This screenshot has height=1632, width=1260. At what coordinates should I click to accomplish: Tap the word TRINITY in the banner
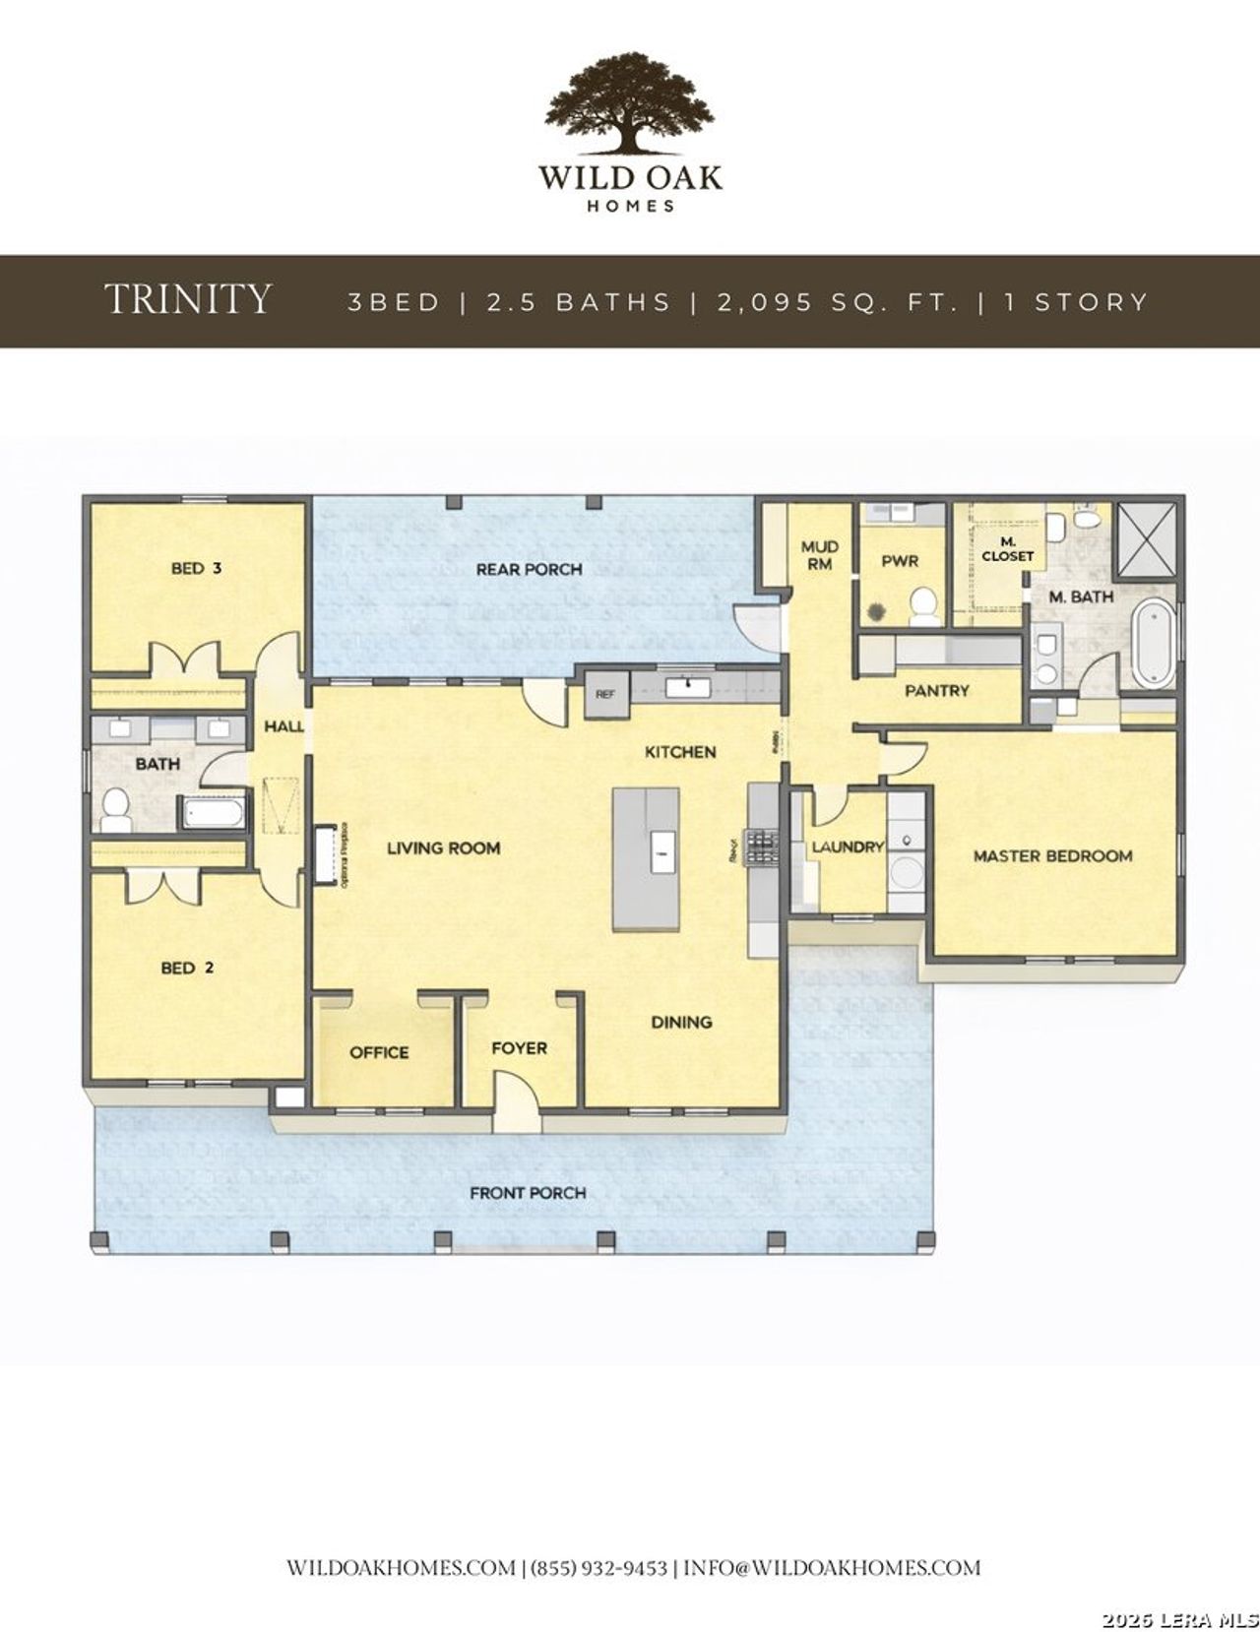[188, 299]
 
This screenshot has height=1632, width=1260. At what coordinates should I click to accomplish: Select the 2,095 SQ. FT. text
[837, 301]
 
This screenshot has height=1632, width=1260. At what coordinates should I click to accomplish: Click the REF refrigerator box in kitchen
[605, 693]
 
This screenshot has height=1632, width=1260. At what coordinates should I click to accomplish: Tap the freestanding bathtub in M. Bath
[1153, 645]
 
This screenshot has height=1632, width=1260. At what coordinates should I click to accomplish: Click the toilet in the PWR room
[923, 606]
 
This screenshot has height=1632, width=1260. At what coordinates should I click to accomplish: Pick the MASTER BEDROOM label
[1052, 856]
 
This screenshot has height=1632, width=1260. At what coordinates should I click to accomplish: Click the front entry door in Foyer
[516, 1104]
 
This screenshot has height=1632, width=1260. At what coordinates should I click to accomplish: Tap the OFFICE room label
[379, 1052]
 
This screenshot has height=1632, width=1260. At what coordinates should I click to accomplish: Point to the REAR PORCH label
[529, 569]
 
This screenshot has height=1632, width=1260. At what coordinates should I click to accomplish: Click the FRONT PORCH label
[528, 1193]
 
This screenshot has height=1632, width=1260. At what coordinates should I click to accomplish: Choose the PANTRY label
[936, 691]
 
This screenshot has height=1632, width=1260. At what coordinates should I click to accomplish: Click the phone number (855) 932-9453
[599, 1568]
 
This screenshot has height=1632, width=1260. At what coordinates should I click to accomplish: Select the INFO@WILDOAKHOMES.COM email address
[832, 1568]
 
